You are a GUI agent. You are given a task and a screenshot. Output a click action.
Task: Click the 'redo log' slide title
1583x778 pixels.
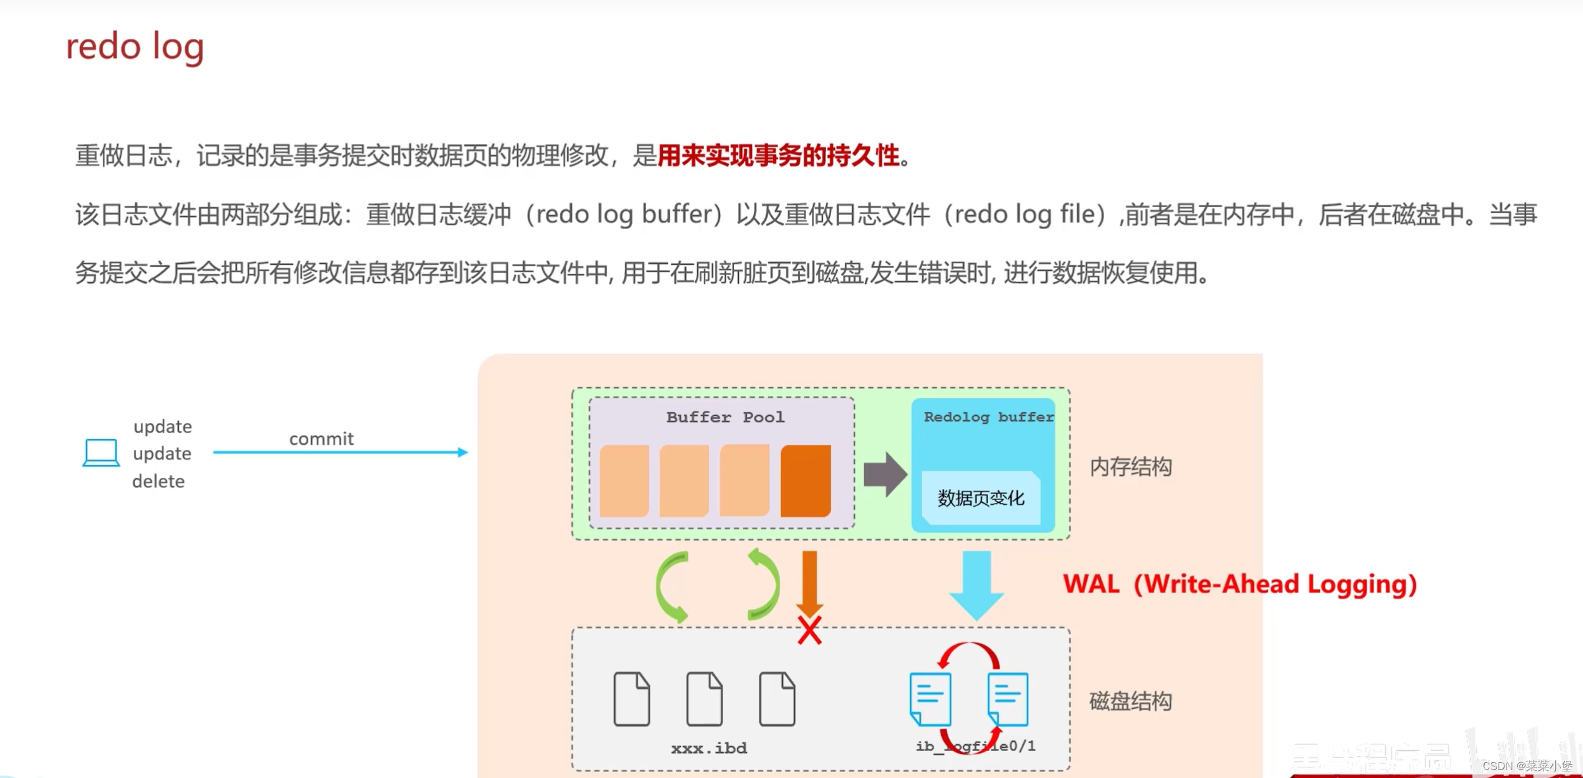tap(135, 48)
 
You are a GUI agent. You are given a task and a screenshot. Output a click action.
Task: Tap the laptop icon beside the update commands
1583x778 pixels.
tap(101, 453)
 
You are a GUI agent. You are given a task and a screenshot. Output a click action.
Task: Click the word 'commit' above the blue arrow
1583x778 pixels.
tap(321, 439)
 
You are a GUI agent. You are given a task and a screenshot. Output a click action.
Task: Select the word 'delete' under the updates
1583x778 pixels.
tap(158, 481)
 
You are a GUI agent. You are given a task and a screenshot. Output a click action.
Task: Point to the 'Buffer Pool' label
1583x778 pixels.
tap(725, 417)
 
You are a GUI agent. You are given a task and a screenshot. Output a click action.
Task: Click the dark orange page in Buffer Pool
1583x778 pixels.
tap(805, 480)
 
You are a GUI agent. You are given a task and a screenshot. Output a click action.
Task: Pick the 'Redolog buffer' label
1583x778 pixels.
tap(988, 417)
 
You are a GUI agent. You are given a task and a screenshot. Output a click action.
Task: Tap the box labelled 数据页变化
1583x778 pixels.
tap(981, 498)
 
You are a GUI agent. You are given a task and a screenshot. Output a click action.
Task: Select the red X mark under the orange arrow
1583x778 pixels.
tap(809, 631)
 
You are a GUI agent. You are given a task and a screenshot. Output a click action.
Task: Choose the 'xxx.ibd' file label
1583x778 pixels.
tap(709, 748)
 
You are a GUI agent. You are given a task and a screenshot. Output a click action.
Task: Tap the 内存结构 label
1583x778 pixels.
tap(1131, 467)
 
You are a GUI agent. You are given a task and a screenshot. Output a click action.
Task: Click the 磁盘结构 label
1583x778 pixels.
tap(1131, 701)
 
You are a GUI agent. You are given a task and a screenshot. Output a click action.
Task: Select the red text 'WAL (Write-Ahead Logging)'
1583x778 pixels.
tap(1240, 585)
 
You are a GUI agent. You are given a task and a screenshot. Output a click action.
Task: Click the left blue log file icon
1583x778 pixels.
tap(930, 699)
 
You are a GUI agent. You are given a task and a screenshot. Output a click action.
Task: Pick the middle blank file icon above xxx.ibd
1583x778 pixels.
tap(704, 699)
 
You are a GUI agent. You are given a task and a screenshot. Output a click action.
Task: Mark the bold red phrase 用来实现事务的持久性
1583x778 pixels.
tap(778, 156)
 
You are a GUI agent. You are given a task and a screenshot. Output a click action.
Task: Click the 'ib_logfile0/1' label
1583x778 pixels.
tap(976, 746)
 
